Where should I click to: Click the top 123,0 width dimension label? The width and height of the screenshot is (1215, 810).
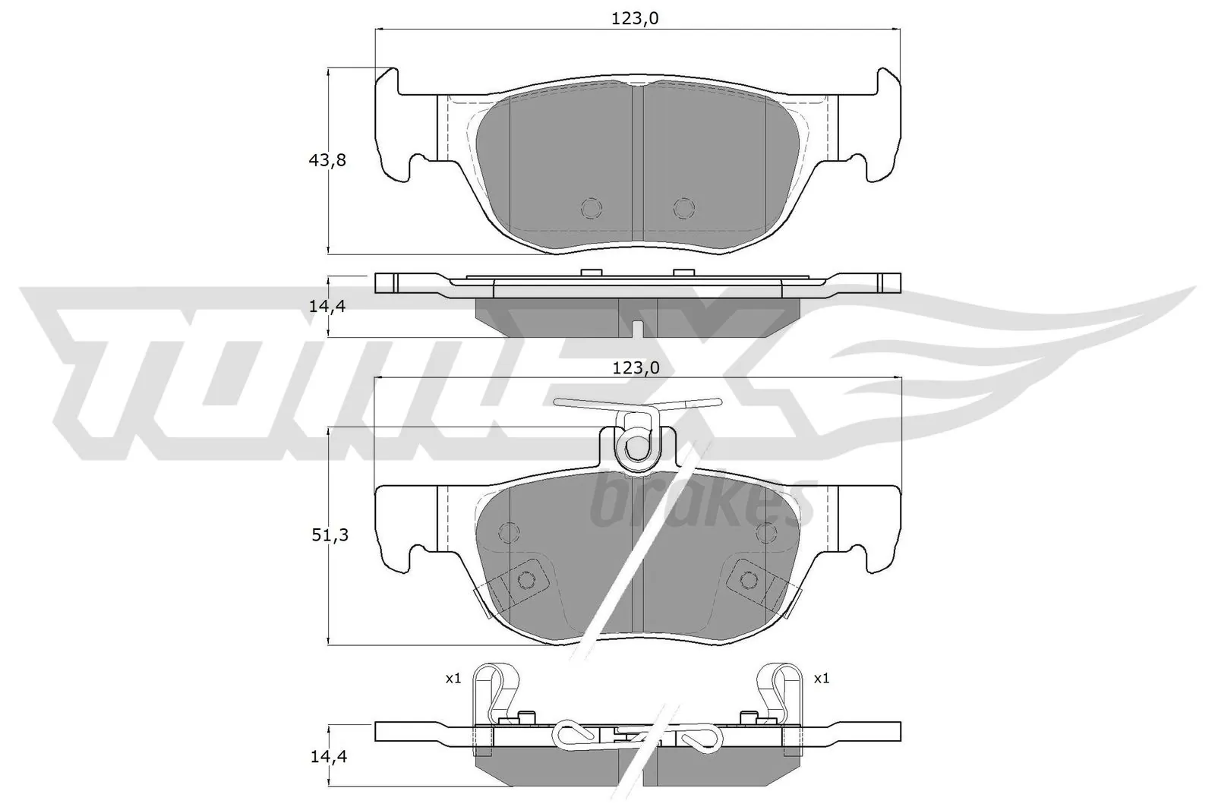point(635,18)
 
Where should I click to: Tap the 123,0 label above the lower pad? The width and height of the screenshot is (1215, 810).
point(636,368)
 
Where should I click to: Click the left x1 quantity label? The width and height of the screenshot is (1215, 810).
point(453,679)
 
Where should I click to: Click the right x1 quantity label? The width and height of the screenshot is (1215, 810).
point(821,679)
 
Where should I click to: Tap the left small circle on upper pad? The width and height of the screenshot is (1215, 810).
point(590,207)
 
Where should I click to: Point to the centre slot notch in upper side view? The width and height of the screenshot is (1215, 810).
point(638,329)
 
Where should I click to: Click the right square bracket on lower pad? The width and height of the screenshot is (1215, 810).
point(748,580)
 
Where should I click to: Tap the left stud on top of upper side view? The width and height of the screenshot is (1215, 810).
point(590,272)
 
